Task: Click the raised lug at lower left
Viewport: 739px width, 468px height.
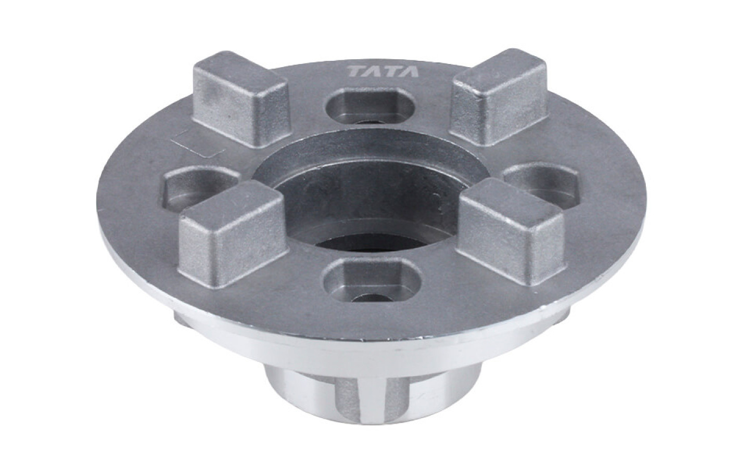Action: coord(232,234)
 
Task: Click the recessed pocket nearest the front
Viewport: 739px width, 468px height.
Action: coord(372,281)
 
